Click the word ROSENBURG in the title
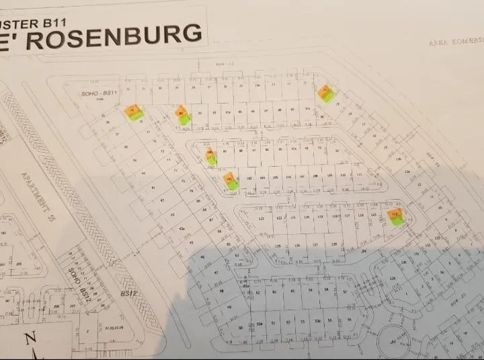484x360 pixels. (117, 36)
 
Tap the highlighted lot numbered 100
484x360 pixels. (211, 156)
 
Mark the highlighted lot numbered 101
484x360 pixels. (230, 180)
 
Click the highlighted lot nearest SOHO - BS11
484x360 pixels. (133, 111)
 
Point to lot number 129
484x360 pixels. (395, 277)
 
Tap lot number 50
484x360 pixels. (240, 327)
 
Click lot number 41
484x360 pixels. (154, 188)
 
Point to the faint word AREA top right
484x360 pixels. (438, 43)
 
